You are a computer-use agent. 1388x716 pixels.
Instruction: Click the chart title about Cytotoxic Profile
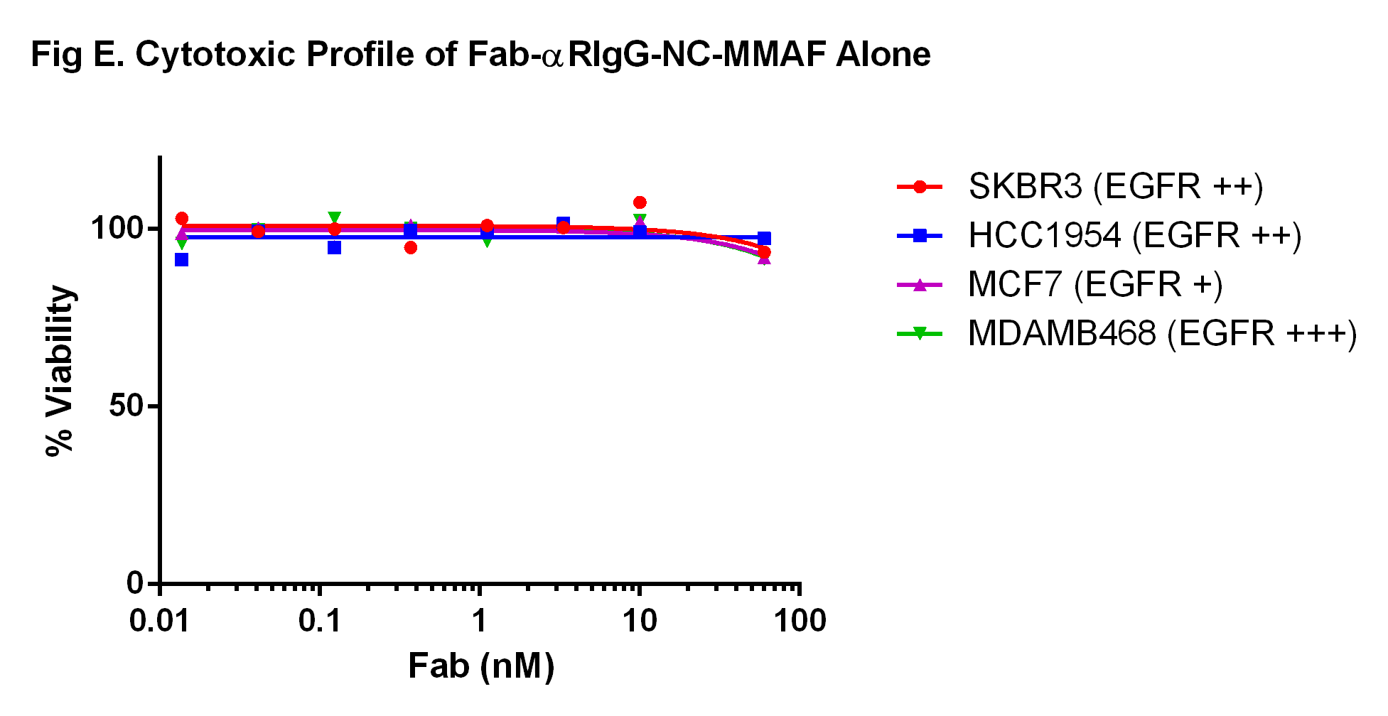tap(480, 55)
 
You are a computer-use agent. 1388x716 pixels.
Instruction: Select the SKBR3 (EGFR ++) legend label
tap(1115, 187)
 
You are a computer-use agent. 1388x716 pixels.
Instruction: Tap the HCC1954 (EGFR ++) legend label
tap(1134, 236)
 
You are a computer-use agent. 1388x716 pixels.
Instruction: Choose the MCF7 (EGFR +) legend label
tap(1094, 285)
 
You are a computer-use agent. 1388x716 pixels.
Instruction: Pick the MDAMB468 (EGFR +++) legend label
tap(1162, 333)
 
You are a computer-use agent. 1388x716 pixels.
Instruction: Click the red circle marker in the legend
tap(920, 187)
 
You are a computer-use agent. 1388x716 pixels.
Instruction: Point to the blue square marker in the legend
tap(920, 236)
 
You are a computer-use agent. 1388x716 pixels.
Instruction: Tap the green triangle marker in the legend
tap(920, 333)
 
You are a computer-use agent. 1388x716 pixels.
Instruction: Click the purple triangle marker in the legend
tap(920, 285)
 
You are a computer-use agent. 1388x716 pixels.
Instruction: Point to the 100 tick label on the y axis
tap(117, 229)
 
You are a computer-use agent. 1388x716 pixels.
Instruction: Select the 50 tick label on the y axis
tap(126, 406)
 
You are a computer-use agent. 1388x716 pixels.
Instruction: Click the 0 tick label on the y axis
tap(135, 584)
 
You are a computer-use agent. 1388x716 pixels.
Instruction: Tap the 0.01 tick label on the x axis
tap(160, 622)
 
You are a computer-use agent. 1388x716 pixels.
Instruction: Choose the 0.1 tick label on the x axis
tap(320, 622)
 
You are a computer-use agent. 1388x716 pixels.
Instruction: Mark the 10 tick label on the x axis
tap(640, 622)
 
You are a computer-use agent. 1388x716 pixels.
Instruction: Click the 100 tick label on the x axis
tap(800, 622)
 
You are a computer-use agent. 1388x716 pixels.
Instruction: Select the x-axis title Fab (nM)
tap(481, 666)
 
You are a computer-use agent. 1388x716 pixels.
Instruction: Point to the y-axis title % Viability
tap(60, 371)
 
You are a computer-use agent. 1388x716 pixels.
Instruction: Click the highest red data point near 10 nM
tap(640, 202)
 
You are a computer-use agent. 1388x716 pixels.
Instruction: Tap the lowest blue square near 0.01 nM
tap(182, 260)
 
